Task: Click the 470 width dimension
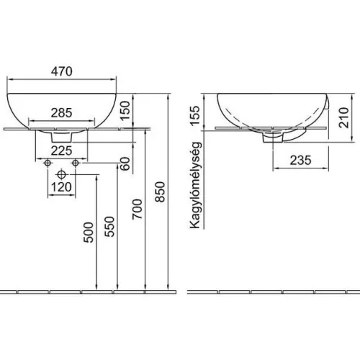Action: (62, 71)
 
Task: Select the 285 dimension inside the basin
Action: (62, 113)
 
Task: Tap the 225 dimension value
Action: (62, 151)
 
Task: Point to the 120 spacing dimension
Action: (62, 187)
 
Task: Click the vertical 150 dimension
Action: (125, 111)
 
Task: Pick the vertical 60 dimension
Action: (125, 163)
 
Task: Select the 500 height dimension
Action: (89, 233)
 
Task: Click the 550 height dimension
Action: (109, 227)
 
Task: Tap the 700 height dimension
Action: (138, 209)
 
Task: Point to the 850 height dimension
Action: (160, 192)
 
